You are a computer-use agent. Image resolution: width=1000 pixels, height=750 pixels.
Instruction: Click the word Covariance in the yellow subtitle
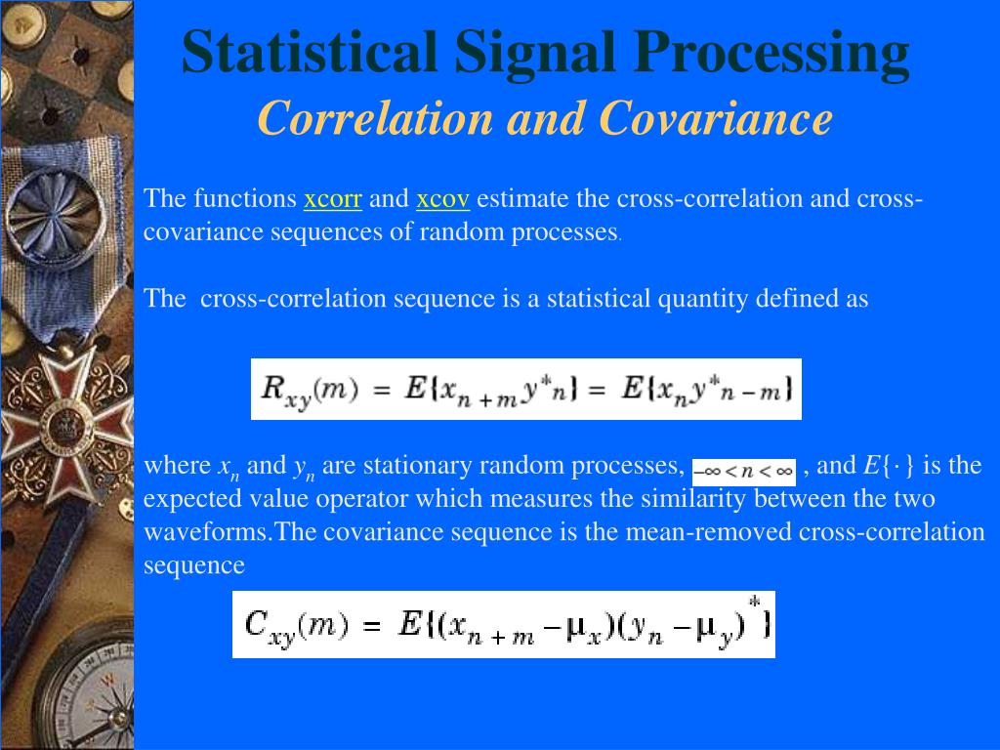(715, 119)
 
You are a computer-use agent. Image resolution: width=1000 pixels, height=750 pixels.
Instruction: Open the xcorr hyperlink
(333, 199)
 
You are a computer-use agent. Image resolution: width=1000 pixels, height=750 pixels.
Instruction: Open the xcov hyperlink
(442, 199)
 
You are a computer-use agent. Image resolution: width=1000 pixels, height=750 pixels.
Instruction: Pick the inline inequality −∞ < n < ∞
(744, 471)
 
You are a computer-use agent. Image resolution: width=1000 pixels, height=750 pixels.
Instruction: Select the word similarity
(693, 499)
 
